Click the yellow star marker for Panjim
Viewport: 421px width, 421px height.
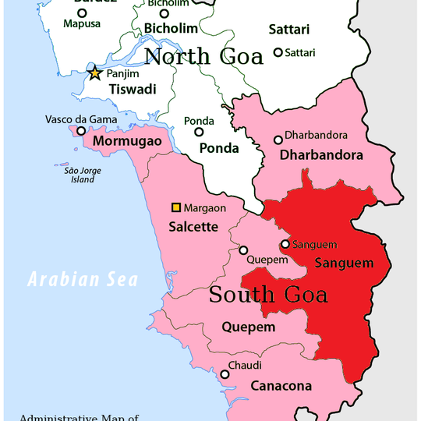pos(95,74)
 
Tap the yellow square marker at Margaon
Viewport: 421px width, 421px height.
pos(176,207)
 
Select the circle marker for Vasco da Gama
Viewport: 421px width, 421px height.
pos(80,131)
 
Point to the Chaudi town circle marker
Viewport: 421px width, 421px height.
pos(225,374)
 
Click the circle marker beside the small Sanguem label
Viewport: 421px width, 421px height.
pos(285,244)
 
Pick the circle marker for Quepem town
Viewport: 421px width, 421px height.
pos(243,251)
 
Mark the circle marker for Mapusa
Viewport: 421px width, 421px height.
pos(82,12)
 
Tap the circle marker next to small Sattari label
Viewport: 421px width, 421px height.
pos(278,52)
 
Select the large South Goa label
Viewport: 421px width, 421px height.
pos(268,295)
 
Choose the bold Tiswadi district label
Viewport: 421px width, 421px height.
pos(132,90)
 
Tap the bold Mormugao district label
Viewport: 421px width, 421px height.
pos(127,142)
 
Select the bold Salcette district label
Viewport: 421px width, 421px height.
pos(193,228)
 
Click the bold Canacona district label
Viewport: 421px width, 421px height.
pos(281,386)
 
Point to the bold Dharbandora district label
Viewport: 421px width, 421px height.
pos(320,155)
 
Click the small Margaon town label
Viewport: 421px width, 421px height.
pos(205,208)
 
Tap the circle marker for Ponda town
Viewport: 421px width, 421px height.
pos(199,133)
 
